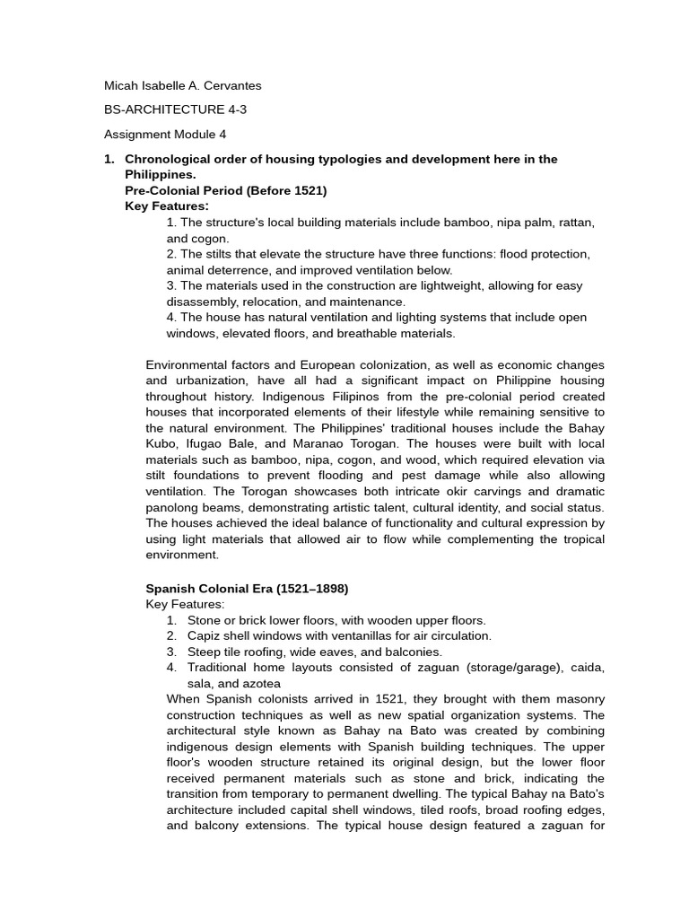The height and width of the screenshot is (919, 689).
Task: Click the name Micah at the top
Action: click(x=121, y=86)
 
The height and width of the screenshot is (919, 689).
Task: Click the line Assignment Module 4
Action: click(x=165, y=135)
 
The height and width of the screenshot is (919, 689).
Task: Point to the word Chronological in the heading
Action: click(x=166, y=159)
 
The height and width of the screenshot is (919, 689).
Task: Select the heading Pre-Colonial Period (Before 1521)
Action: click(x=225, y=190)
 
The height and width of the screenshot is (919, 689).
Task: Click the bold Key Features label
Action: click(x=166, y=206)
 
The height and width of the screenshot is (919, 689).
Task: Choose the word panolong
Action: click(x=175, y=508)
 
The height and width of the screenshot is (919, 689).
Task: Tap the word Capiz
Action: click(x=205, y=636)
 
